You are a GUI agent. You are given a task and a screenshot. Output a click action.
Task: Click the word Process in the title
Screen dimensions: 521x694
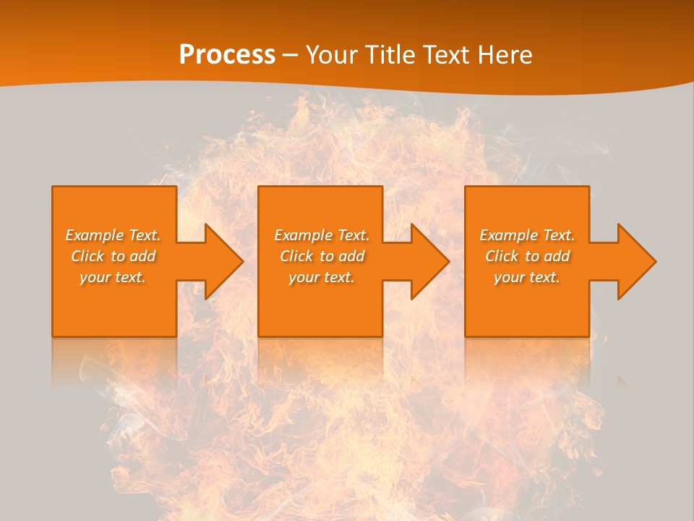[x=227, y=55]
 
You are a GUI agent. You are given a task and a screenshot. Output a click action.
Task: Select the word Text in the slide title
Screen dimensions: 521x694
[x=446, y=55]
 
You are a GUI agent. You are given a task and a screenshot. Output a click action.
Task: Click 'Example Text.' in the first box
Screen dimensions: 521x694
[x=113, y=235]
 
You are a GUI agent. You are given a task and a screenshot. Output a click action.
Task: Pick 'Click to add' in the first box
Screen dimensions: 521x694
[x=113, y=256]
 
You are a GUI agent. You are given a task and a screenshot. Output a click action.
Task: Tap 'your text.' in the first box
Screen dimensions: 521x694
[x=113, y=277]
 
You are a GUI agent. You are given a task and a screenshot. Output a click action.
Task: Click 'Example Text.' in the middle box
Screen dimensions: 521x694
[x=322, y=235]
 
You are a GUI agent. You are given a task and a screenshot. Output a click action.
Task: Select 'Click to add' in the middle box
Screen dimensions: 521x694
[x=322, y=256]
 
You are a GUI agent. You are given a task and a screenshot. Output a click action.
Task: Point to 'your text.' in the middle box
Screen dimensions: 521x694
[x=322, y=277]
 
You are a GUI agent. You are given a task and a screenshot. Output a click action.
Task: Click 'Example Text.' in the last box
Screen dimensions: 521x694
[x=527, y=235]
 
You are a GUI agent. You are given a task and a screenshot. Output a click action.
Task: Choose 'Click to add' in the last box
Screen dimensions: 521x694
[x=527, y=256]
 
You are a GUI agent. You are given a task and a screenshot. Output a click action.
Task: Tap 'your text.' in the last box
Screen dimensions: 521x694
[x=527, y=277]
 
